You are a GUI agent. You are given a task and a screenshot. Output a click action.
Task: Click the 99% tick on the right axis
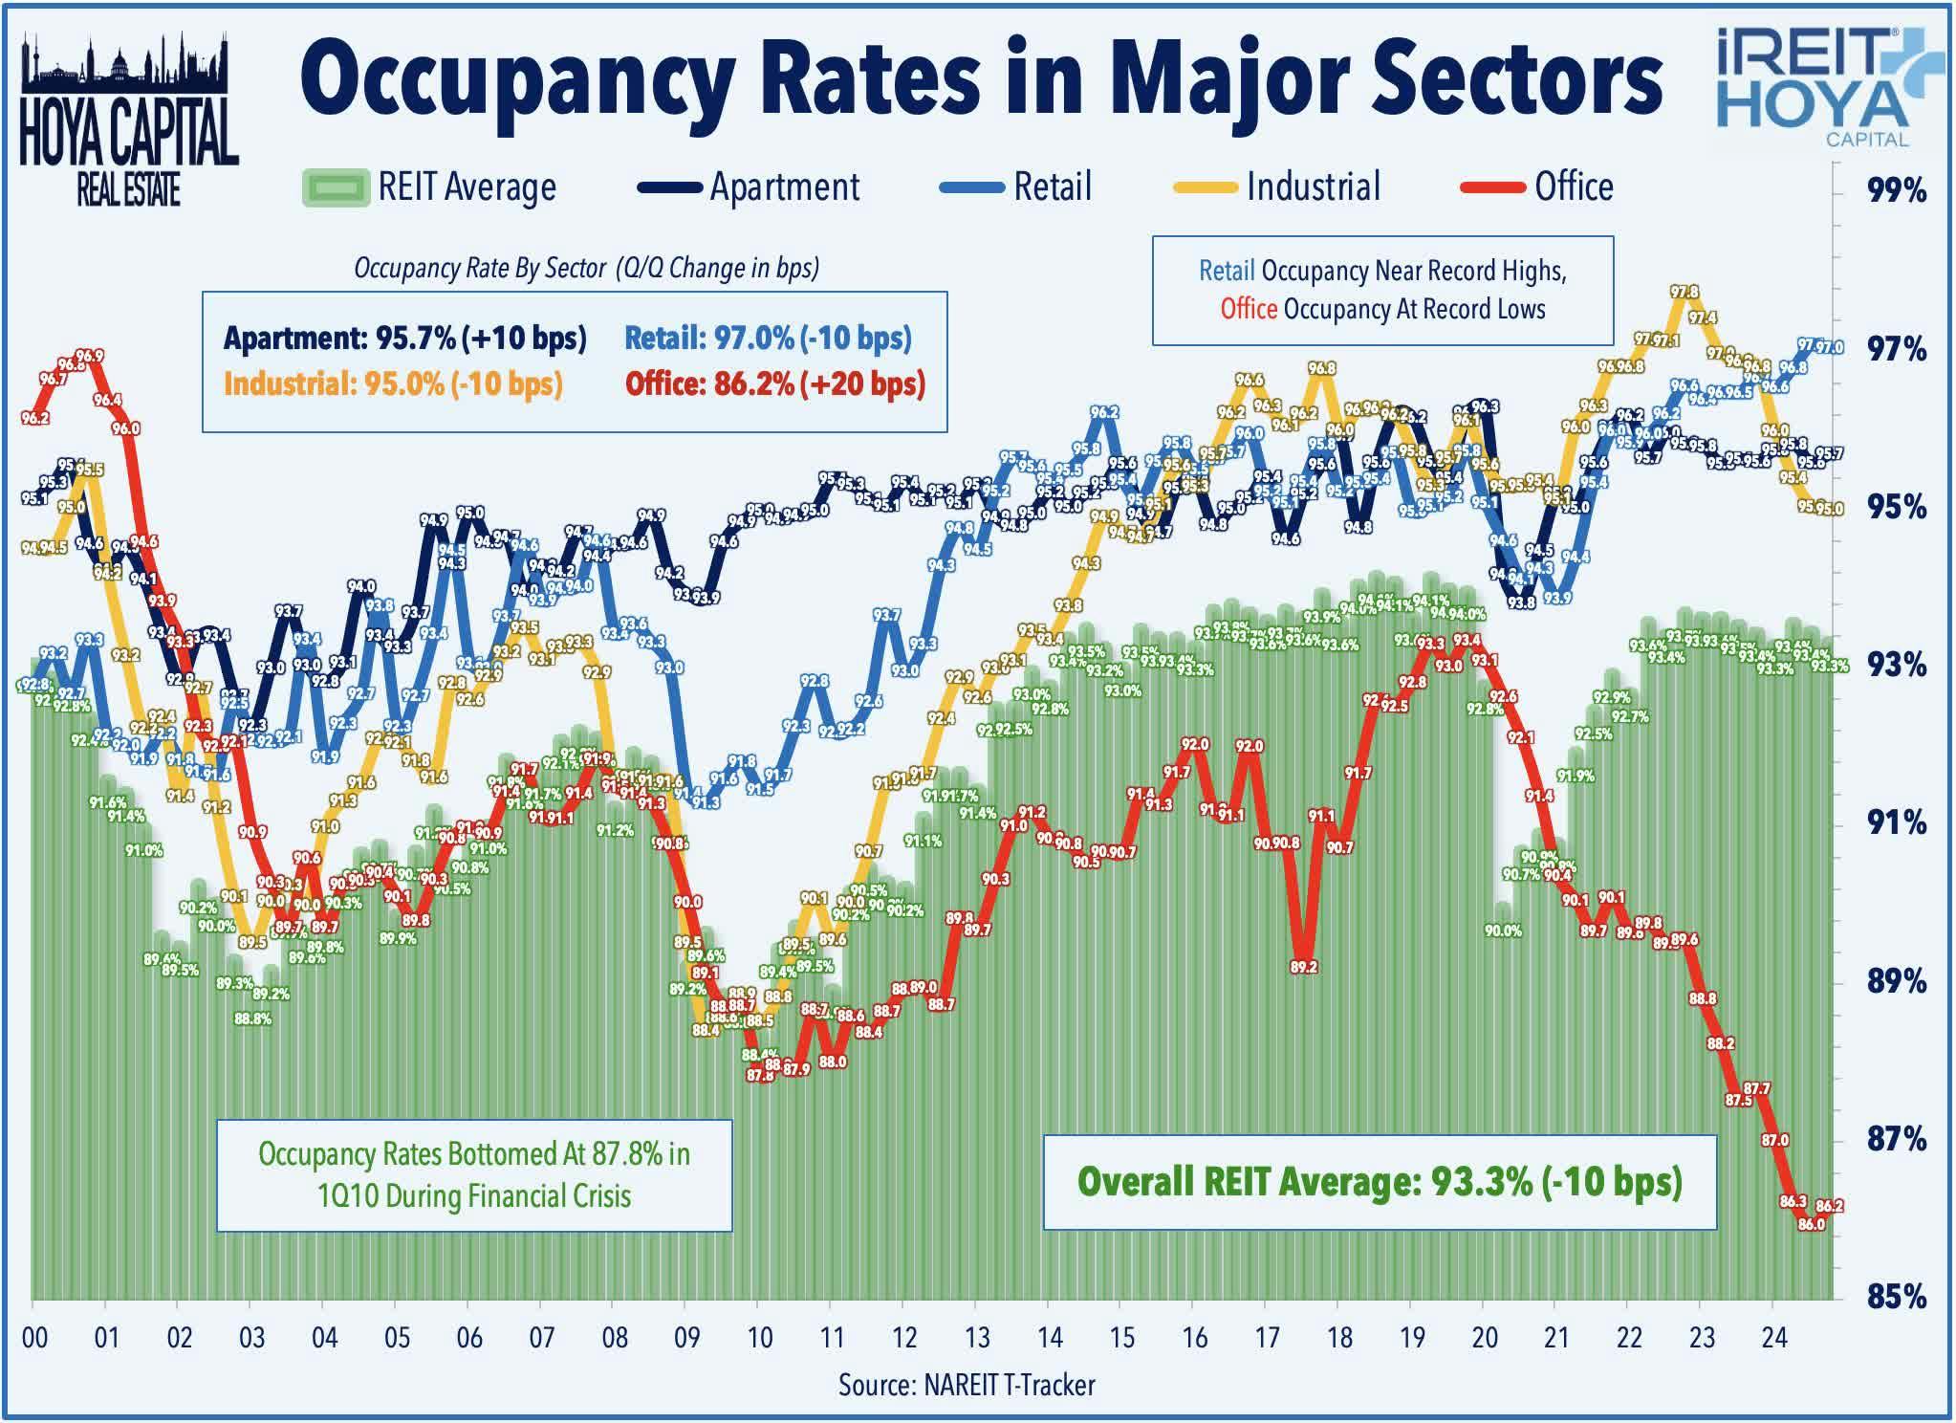[1896, 192]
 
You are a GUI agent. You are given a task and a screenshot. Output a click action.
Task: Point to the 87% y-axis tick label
[1896, 1139]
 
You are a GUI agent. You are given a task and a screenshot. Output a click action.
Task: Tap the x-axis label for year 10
[760, 1337]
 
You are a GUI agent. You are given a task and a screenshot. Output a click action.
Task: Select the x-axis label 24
[1773, 1337]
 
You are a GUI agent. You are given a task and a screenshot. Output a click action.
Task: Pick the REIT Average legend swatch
[335, 187]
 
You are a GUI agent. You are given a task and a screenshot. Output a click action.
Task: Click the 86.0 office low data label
[1811, 1224]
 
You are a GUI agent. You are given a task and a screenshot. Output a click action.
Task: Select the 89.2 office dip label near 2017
[1303, 967]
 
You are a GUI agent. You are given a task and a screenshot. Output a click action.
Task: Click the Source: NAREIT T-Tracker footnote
[967, 1385]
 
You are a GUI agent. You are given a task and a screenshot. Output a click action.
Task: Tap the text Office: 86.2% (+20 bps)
[775, 383]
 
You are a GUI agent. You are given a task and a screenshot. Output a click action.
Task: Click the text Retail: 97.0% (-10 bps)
[768, 338]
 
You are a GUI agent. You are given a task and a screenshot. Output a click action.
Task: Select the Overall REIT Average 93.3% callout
[1379, 1181]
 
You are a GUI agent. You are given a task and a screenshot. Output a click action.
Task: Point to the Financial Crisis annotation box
[474, 1174]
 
